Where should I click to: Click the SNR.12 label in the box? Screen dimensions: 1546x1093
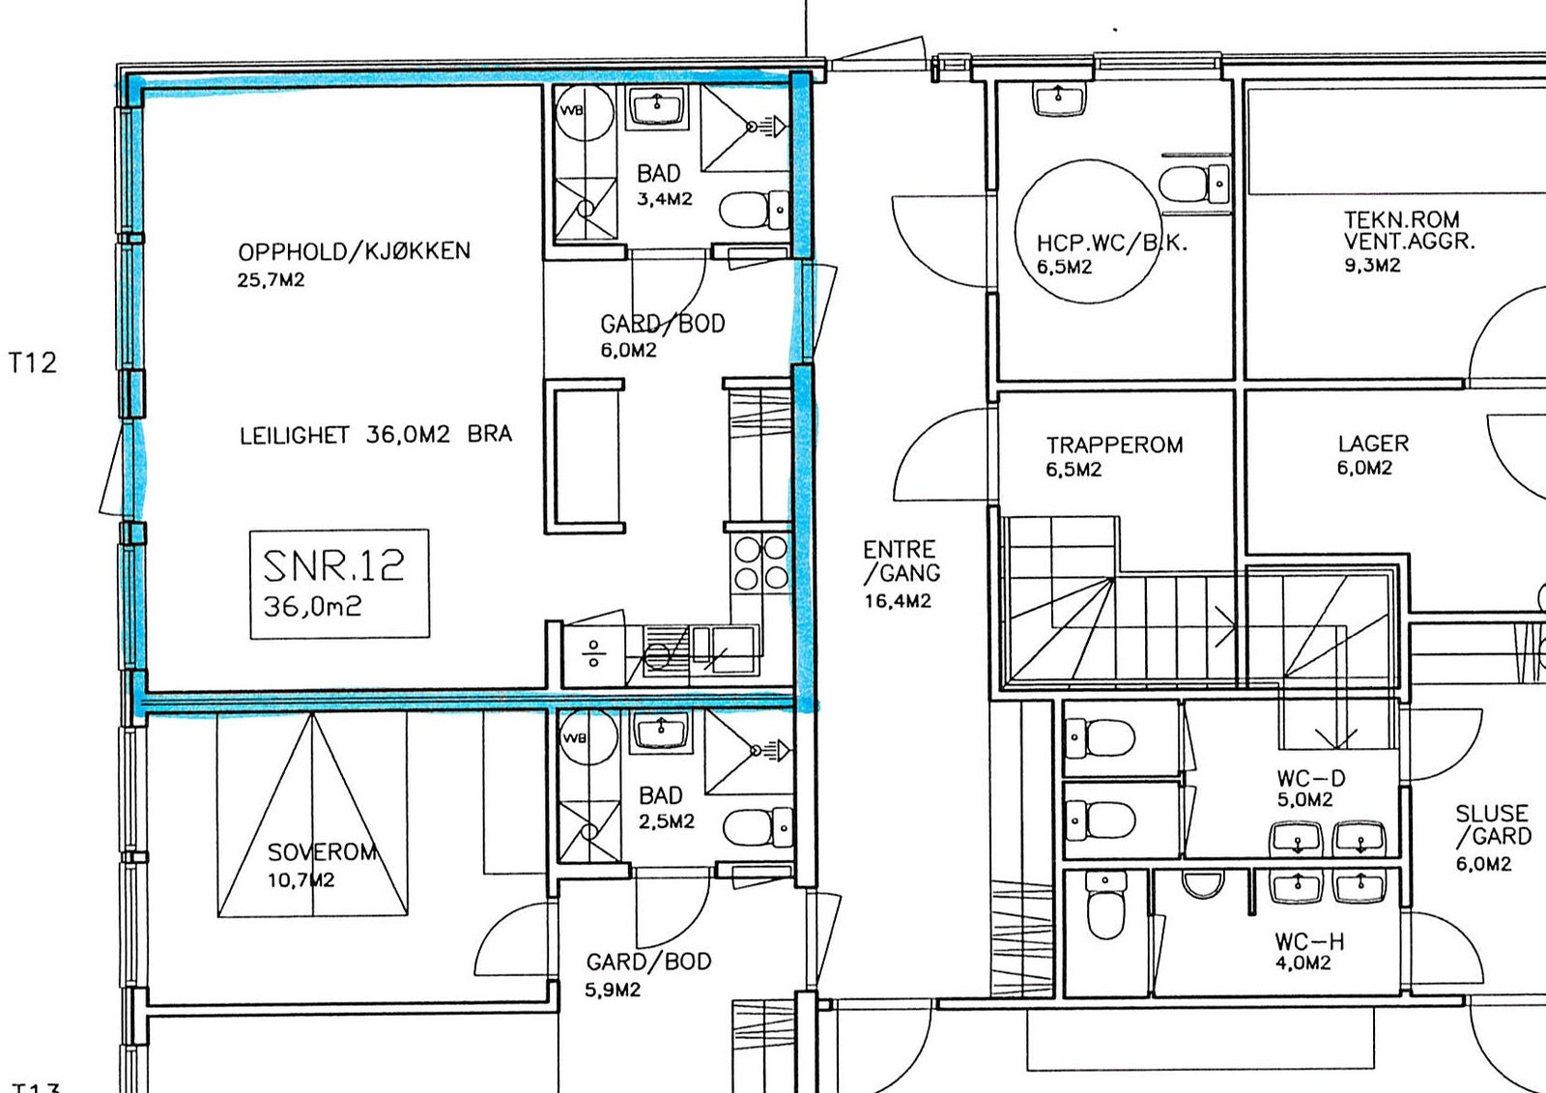pos(333,566)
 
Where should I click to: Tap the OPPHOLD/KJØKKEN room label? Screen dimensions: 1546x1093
pos(354,251)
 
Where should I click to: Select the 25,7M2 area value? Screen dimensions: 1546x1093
pos(271,280)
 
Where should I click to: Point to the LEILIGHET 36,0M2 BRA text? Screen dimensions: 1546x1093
pos(376,434)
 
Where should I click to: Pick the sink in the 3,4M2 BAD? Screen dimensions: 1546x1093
pos(656,107)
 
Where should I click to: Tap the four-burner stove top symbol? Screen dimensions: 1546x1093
pos(760,562)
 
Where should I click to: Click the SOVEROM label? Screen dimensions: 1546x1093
pos(323,852)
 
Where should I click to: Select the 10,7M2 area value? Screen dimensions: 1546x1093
pos(301,880)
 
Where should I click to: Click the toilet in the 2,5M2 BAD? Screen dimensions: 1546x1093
pos(758,826)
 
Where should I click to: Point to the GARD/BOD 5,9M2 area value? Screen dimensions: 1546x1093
pos(613,991)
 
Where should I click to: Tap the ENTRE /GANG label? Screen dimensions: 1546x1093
pos(902,561)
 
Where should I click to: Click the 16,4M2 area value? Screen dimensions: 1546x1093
pos(898,601)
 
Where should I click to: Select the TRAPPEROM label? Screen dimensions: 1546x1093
pos(1115,445)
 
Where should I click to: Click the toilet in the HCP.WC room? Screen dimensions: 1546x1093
pos(1194,185)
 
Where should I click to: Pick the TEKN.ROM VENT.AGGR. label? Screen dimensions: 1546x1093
pos(1410,230)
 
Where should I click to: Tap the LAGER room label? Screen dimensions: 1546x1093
pos(1373,444)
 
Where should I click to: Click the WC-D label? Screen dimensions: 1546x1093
pos(1311,778)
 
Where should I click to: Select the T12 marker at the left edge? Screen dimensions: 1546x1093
pos(33,362)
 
